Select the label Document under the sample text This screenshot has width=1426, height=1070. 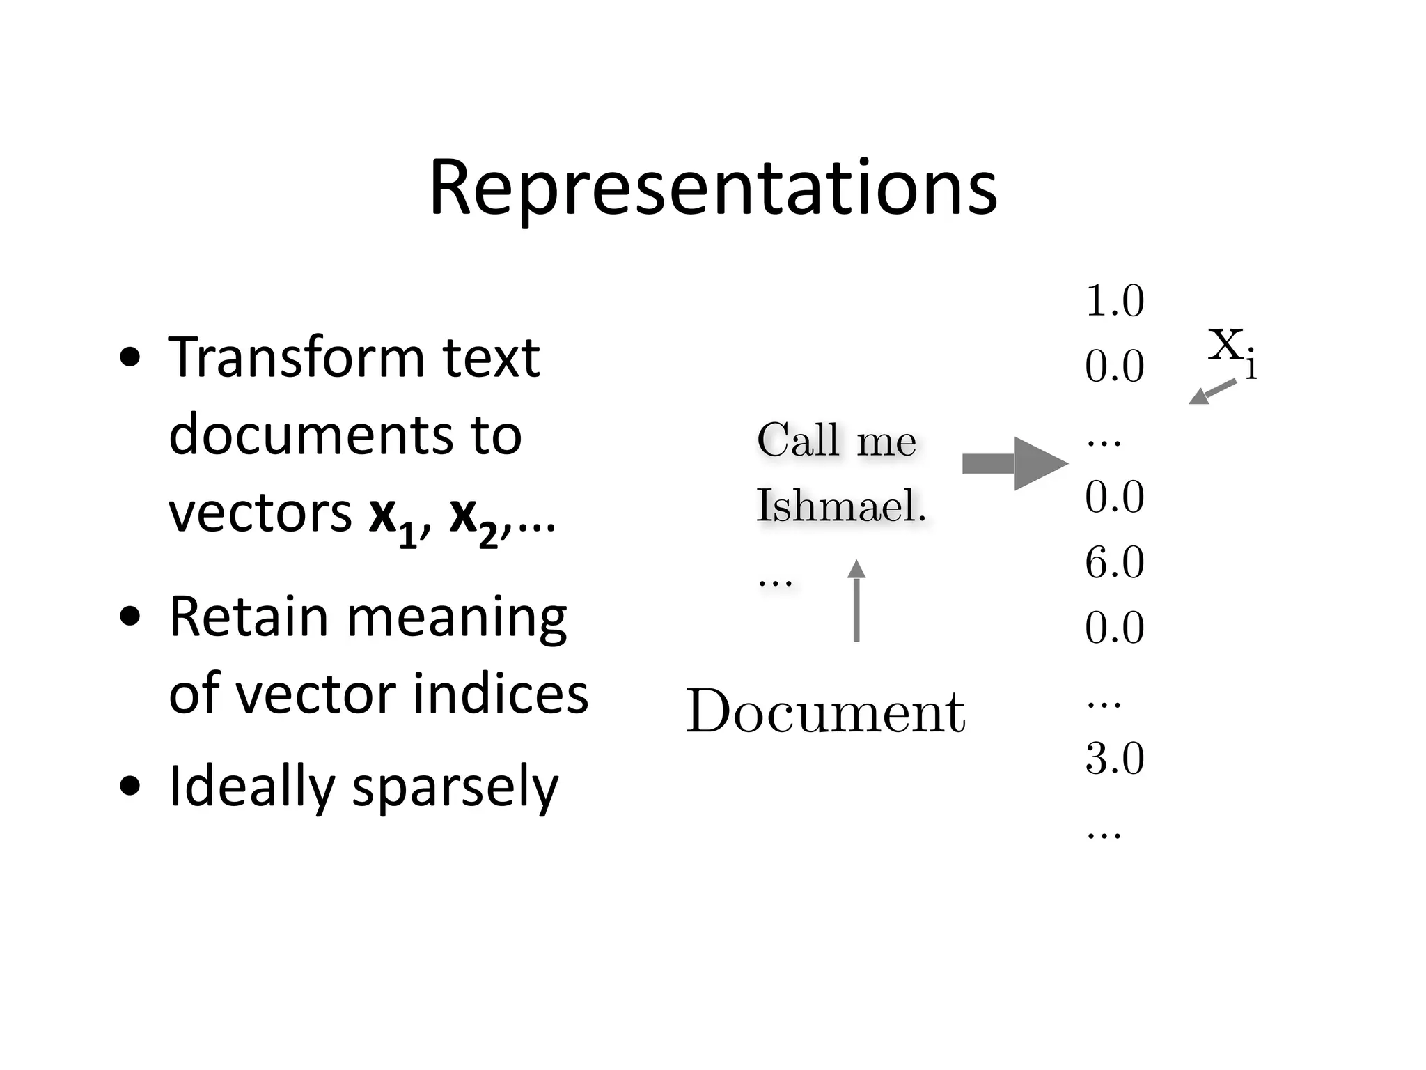[826, 712]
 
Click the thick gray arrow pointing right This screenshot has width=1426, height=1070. [1014, 463]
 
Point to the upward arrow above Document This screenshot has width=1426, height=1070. [856, 600]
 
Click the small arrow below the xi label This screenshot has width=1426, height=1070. [1212, 391]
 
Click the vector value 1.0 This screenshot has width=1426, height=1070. [1114, 301]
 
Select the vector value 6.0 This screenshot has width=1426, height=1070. [1114, 562]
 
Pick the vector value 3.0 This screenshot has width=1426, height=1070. [1114, 758]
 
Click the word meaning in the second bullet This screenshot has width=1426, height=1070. [457, 618]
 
